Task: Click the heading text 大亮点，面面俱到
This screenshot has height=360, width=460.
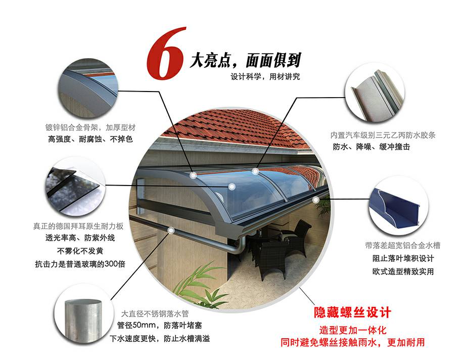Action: [x=245, y=61]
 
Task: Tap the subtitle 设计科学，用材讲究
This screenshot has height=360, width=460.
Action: [x=265, y=77]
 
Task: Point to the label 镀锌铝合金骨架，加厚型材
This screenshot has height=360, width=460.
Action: [x=90, y=127]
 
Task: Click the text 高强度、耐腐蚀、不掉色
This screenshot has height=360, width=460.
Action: [x=90, y=139]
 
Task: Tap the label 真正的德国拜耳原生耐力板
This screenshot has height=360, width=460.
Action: [x=78, y=226]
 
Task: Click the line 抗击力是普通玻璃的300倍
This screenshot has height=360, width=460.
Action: [x=80, y=264]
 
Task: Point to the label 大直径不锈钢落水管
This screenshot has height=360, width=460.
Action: [x=155, y=314]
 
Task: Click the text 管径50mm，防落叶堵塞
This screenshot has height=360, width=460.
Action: [x=159, y=326]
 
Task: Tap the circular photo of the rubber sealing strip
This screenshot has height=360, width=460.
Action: [x=375, y=94]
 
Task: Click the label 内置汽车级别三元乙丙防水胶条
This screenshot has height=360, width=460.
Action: [x=383, y=136]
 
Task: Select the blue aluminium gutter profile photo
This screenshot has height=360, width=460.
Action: [x=398, y=207]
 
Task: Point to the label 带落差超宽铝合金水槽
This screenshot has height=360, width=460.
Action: [x=402, y=245]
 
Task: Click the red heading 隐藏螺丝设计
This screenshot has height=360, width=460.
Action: [x=352, y=312]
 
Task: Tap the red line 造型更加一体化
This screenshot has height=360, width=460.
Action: [x=353, y=330]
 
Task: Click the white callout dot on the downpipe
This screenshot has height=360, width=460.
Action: [x=171, y=231]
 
